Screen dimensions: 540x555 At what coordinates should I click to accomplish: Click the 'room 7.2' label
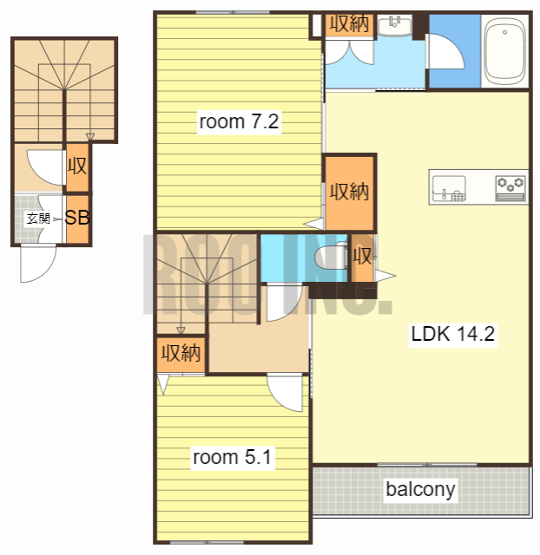pos(239,121)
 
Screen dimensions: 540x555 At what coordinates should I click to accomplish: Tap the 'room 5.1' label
pos(233,457)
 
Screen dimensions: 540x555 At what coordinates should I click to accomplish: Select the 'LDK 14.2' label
pos(453,334)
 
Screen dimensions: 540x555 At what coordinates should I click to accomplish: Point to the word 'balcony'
pos(420,490)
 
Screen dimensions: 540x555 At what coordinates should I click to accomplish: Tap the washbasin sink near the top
pos(395,25)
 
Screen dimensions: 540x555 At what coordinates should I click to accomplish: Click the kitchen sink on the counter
pos(449,188)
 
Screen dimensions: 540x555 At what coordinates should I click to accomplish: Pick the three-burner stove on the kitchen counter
pos(510,188)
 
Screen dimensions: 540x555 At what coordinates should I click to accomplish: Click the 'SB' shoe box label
pos(77,218)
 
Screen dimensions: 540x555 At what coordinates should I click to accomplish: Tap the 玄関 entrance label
pos(38,219)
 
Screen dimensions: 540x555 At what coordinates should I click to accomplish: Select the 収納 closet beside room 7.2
pos(349,193)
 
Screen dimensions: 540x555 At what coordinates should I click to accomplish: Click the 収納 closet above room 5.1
pos(181,354)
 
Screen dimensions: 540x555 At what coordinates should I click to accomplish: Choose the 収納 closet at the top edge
pos(350,24)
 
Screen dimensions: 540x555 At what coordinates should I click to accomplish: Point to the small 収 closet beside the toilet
pos(362,258)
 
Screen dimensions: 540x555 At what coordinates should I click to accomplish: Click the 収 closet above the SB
pos(77,166)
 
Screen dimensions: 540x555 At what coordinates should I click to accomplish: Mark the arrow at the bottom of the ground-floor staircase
pos(90,137)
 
